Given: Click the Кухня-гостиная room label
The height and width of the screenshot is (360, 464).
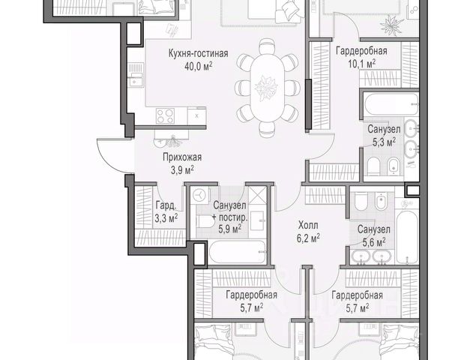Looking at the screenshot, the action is [198, 53].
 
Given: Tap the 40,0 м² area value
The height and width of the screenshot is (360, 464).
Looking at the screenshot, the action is [198, 66].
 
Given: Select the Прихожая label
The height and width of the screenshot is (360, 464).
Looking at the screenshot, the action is [182, 157].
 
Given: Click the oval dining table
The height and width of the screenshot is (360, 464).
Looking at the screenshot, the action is [267, 88].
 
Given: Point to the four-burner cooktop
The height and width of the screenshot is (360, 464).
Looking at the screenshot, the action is [165, 115].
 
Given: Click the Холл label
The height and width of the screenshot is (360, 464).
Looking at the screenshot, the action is [308, 225].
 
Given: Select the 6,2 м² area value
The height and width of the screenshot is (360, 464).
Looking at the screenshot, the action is [308, 238].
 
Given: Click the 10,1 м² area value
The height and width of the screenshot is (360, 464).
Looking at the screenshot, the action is [361, 63].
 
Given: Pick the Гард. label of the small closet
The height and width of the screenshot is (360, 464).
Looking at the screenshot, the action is [166, 205].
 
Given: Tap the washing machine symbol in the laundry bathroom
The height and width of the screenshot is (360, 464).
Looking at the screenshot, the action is [199, 195].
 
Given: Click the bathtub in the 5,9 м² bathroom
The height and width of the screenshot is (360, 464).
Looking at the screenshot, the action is [238, 251].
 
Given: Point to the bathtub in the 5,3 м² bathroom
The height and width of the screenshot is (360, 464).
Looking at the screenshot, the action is [391, 104].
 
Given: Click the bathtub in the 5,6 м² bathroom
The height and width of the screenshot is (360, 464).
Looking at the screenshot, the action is [407, 237].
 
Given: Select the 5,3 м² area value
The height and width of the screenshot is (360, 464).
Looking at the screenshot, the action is [384, 142].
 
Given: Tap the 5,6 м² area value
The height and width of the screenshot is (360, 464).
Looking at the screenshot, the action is [374, 242].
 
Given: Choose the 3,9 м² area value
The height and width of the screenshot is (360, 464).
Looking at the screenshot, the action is [182, 170].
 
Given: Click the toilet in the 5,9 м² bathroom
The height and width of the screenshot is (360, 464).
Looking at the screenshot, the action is [204, 221].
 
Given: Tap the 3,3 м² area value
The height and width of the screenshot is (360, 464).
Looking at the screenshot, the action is [166, 218].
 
